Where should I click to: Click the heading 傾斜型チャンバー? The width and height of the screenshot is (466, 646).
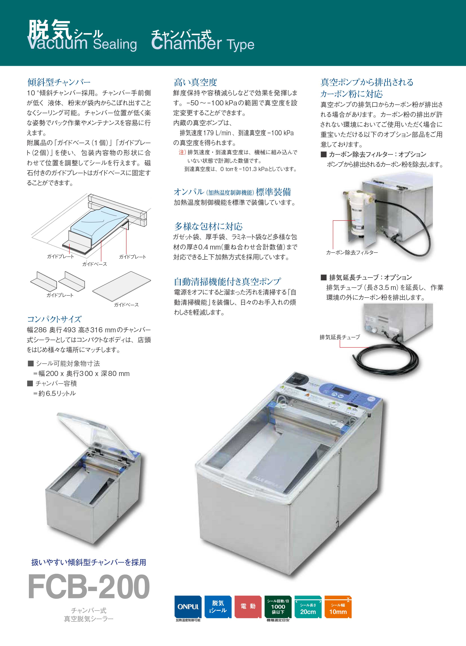pos(59,82)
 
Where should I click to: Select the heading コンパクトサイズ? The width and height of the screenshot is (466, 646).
pos(54,319)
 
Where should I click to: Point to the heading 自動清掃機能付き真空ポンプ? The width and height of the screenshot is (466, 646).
pos(227,282)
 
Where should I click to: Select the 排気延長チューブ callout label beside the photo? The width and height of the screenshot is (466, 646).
pos(340,337)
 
